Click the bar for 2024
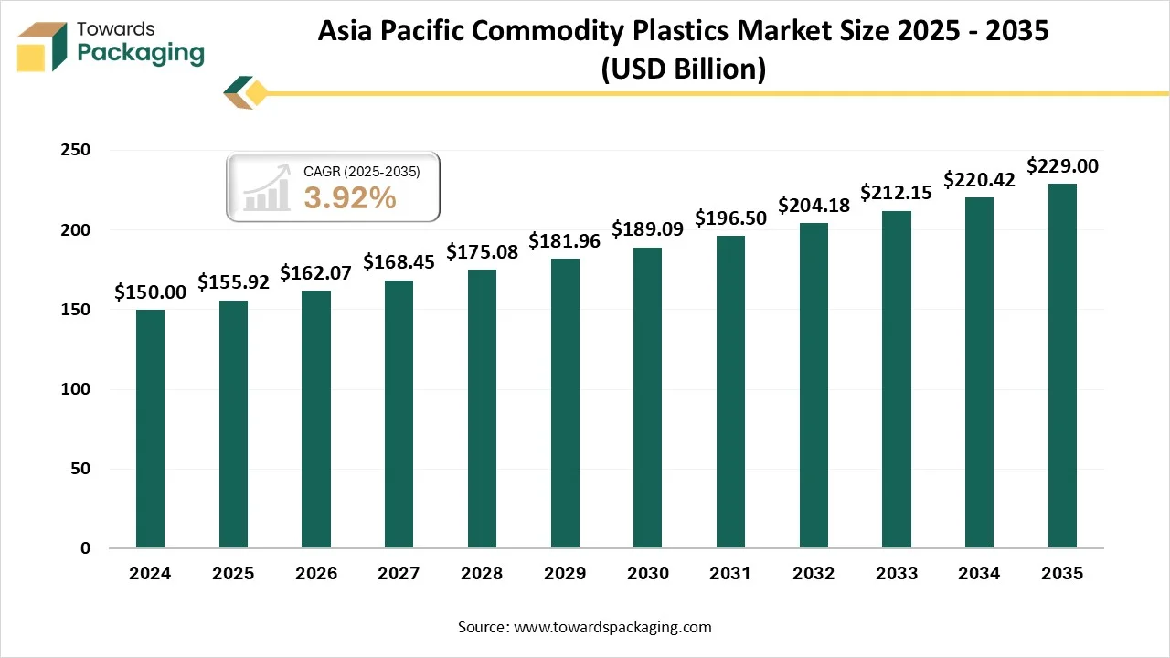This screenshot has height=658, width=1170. pos(150,429)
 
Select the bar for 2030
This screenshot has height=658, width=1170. pos(647,398)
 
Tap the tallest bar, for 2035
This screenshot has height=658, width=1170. pos(1062,366)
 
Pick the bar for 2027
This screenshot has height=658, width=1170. pos(399,414)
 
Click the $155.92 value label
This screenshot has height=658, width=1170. pos(233,282)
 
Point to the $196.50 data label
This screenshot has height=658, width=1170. pos(731,218)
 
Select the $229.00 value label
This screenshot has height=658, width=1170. pos(1062,166)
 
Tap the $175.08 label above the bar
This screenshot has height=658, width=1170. pos(482,251)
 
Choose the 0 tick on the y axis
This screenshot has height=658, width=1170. pos(85,548)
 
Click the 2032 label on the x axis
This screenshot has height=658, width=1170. pos(814,574)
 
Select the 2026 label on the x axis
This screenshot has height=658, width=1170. pos(315,574)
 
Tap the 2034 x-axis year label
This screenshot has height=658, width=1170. pos(979,574)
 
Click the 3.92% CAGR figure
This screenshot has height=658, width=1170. pos(350,197)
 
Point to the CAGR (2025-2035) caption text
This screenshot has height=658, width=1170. pos(361,171)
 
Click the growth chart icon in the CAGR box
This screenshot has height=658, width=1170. pos(266,187)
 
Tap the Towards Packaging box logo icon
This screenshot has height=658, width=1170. pos(43,46)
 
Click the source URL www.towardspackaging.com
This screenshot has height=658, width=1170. pos(612,627)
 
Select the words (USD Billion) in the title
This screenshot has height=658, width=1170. pos(683,69)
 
